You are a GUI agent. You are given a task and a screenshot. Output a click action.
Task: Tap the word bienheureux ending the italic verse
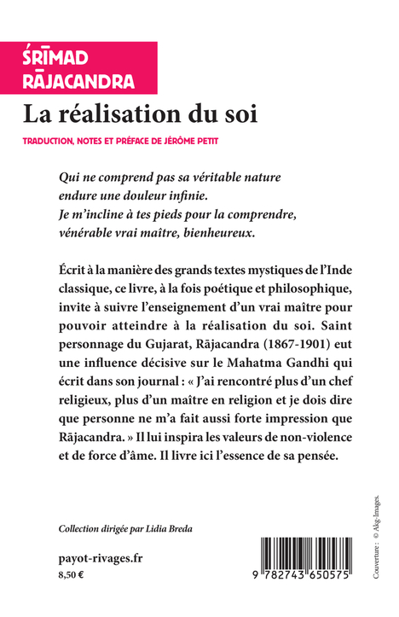tap(303, 233)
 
